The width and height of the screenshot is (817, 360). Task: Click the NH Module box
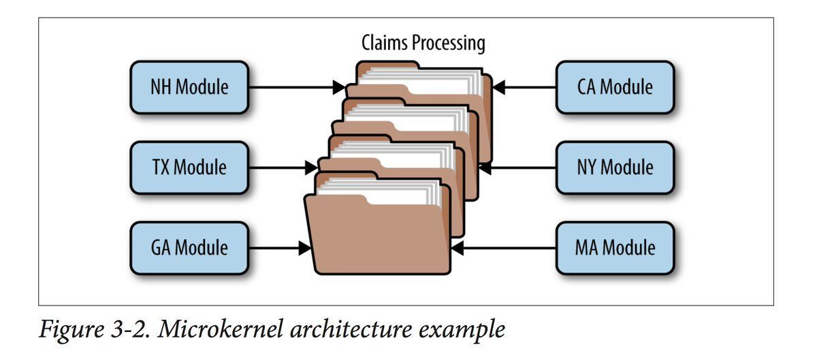pos(189,88)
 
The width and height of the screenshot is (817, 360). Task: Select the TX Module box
pos(189,168)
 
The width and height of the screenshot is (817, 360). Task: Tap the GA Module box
pos(189,248)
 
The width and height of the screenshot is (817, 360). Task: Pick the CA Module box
pos(615,88)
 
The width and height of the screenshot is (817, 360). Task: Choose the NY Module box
pos(615,168)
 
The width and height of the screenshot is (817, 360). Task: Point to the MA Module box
pos(615,248)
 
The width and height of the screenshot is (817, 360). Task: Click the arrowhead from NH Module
pos(339,88)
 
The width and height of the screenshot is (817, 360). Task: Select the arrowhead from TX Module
pos(312,168)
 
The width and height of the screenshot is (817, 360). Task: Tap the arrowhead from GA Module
pos(305,248)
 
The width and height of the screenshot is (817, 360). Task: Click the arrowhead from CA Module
pos(498,88)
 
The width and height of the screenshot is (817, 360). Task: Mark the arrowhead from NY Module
pos(485,168)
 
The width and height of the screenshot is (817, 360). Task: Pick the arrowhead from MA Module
pos(457,248)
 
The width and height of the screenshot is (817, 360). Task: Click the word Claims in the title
pos(385,43)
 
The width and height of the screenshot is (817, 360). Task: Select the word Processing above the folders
pos(449,44)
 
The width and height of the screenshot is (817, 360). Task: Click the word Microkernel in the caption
pos(221,329)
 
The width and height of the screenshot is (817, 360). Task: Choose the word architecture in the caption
pos(351,329)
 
